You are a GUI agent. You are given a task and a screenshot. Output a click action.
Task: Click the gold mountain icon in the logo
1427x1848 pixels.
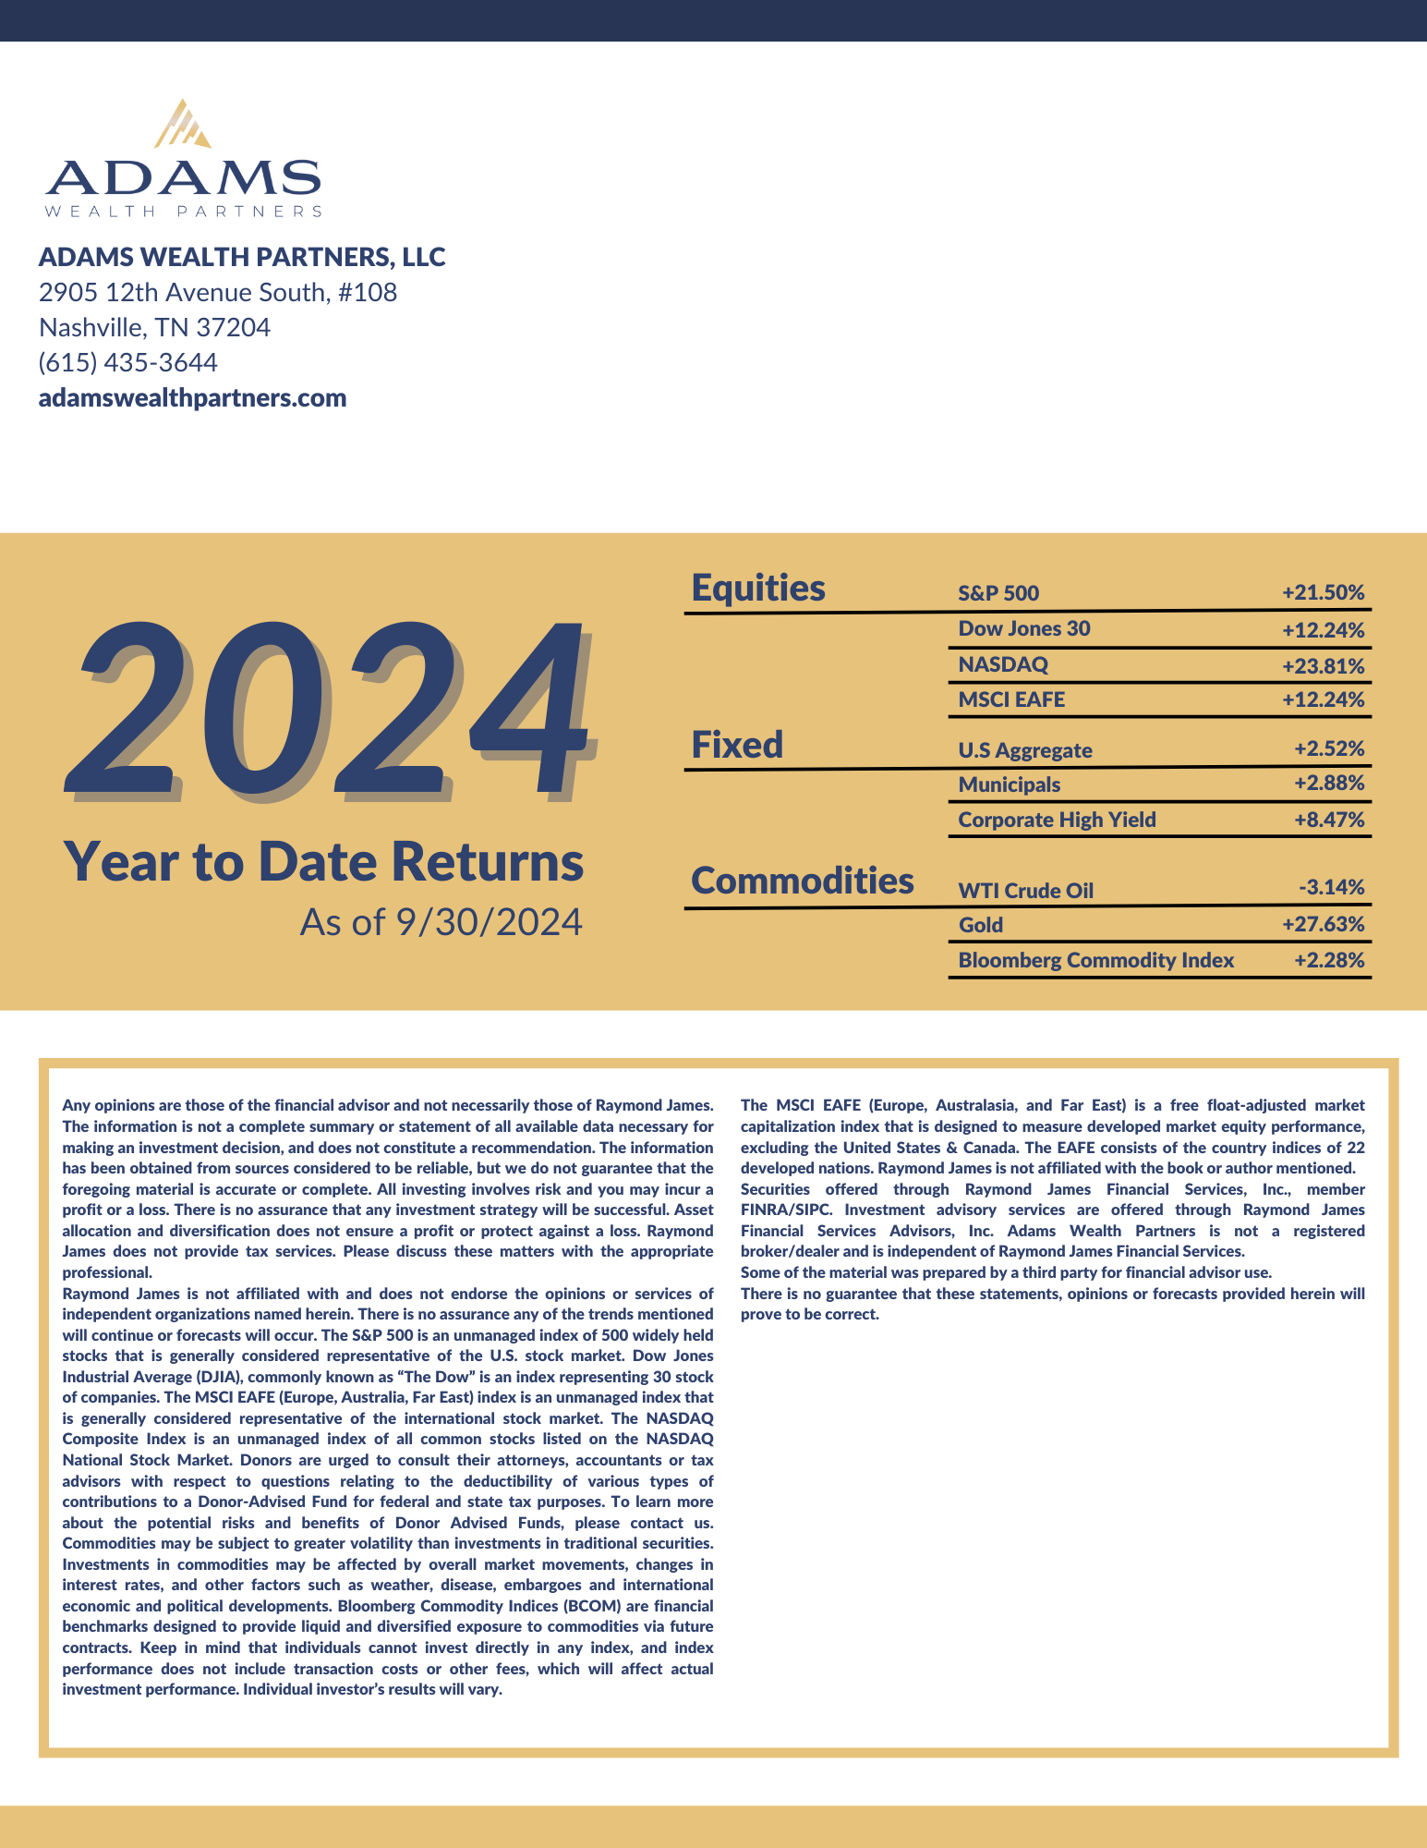click(x=183, y=125)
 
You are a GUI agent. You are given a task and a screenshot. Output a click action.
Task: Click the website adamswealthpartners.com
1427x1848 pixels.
click(x=192, y=398)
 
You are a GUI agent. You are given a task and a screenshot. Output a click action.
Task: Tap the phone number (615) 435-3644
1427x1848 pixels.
click(x=127, y=362)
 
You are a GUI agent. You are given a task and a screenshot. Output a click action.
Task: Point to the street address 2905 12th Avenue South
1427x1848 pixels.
click(x=217, y=292)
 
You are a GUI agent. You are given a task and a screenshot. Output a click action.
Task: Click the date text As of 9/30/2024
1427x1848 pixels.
click(x=441, y=921)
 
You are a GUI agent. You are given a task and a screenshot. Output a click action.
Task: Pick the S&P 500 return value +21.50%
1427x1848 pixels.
click(x=1322, y=592)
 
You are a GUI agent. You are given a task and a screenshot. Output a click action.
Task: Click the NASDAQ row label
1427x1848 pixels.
click(x=1003, y=664)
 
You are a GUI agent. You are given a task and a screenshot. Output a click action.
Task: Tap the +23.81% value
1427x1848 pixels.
click(x=1322, y=665)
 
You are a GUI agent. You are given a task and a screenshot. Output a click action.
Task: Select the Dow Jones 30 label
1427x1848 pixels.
click(x=1023, y=628)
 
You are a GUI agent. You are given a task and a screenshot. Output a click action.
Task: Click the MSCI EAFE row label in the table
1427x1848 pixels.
click(x=1011, y=699)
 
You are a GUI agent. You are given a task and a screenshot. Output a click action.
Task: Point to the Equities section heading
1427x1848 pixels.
click(x=758, y=588)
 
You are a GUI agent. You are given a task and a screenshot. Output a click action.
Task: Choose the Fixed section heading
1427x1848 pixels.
click(x=737, y=744)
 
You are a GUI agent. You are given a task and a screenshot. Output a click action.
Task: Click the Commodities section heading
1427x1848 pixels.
click(x=802, y=881)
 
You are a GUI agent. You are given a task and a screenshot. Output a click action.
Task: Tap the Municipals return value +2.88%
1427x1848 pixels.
click(x=1328, y=784)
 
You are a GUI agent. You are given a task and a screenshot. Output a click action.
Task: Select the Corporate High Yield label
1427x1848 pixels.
click(x=1057, y=820)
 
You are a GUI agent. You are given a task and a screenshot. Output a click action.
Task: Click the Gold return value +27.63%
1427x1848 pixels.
click(x=1322, y=924)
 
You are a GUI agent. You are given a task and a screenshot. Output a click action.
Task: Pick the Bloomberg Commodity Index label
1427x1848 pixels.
click(x=1095, y=960)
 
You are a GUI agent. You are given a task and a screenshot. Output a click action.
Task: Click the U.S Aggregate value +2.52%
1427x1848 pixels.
click(x=1328, y=748)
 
